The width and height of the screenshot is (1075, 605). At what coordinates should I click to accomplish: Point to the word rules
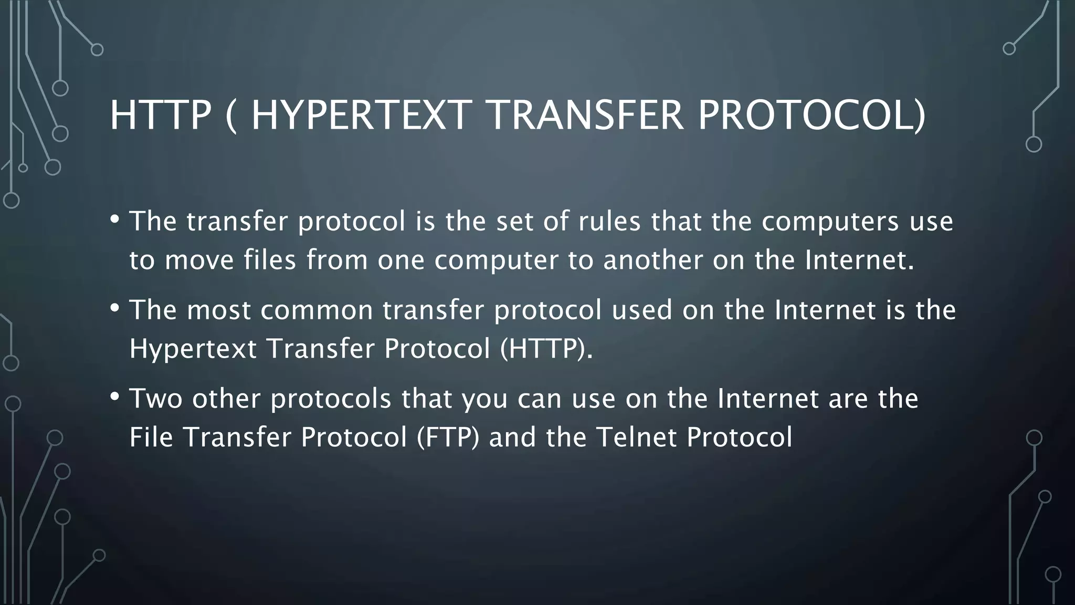click(609, 221)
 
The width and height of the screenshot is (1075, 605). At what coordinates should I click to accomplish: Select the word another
click(653, 260)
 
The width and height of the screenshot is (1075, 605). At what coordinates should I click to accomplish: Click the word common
click(316, 310)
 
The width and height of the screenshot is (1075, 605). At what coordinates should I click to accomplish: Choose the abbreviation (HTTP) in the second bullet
click(546, 348)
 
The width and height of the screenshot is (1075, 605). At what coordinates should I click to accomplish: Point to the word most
click(219, 310)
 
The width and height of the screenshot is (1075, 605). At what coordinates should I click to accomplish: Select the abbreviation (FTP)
click(448, 437)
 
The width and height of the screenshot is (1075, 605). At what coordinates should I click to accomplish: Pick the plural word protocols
click(331, 399)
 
